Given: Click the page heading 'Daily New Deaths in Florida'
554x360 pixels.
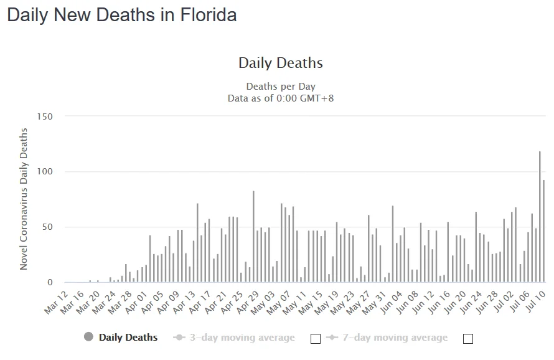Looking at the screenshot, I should [x=122, y=15].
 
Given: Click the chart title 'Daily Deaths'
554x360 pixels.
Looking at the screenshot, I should [x=281, y=63].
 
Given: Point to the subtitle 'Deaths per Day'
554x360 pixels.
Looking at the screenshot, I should [x=281, y=87].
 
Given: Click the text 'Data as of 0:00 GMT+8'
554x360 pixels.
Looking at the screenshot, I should [x=281, y=98].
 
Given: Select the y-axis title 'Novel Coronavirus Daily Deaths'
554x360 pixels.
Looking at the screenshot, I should [x=24, y=199].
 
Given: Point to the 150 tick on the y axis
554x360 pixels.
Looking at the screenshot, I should [x=45, y=116].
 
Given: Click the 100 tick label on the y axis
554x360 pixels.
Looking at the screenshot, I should [x=45, y=172].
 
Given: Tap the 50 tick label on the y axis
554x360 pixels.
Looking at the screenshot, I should [x=47, y=227].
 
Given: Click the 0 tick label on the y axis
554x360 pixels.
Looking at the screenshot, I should [x=50, y=282].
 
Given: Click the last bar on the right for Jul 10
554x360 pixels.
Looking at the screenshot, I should [x=544, y=231].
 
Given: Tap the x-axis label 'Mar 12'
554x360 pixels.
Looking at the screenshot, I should [x=55, y=301].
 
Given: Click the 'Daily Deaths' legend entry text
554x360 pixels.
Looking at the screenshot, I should [x=128, y=338].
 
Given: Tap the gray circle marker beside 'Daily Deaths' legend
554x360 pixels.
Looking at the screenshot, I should [x=88, y=337].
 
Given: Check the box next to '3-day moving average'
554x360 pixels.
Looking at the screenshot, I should [x=316, y=338].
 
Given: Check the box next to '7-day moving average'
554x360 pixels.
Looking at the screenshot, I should [x=468, y=338].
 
